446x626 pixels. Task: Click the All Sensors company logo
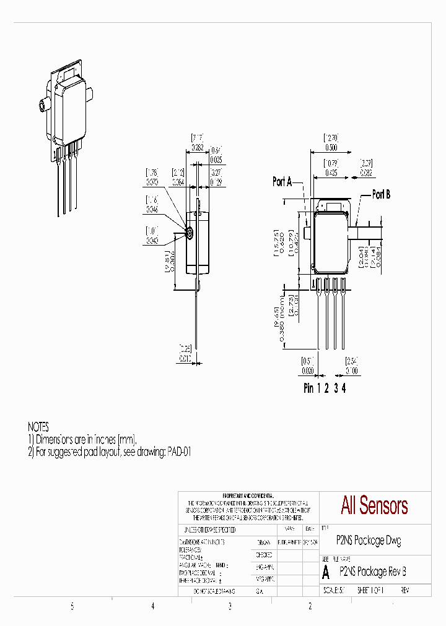click(374, 505)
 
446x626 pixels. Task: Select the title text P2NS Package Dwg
click(368, 540)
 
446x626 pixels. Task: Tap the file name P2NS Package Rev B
click(373, 571)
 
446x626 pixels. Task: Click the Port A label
click(282, 182)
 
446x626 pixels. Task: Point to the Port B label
click(381, 194)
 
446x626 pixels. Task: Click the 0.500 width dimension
click(331, 148)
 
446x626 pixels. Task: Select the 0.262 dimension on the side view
click(196, 148)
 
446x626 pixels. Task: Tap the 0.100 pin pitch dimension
click(352, 371)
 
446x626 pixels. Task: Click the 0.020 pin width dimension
click(308, 371)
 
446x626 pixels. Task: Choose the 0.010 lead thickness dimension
click(185, 358)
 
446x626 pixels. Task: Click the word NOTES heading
click(38, 427)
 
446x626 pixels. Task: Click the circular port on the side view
click(190, 234)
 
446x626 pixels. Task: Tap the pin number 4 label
click(344, 388)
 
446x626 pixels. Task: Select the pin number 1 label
click(319, 388)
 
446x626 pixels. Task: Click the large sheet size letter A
click(326, 572)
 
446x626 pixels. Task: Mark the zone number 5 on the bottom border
click(72, 607)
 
